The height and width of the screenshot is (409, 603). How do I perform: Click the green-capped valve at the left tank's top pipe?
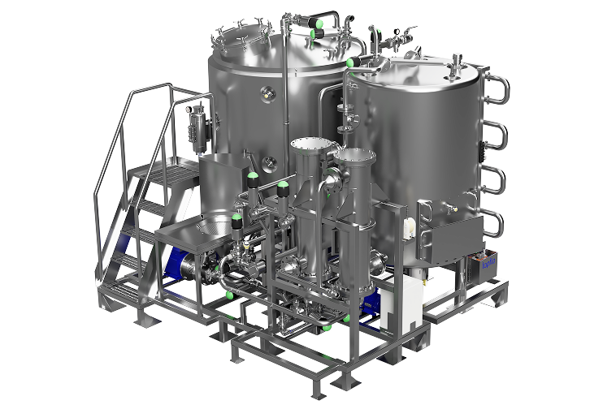tap(315, 33)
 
